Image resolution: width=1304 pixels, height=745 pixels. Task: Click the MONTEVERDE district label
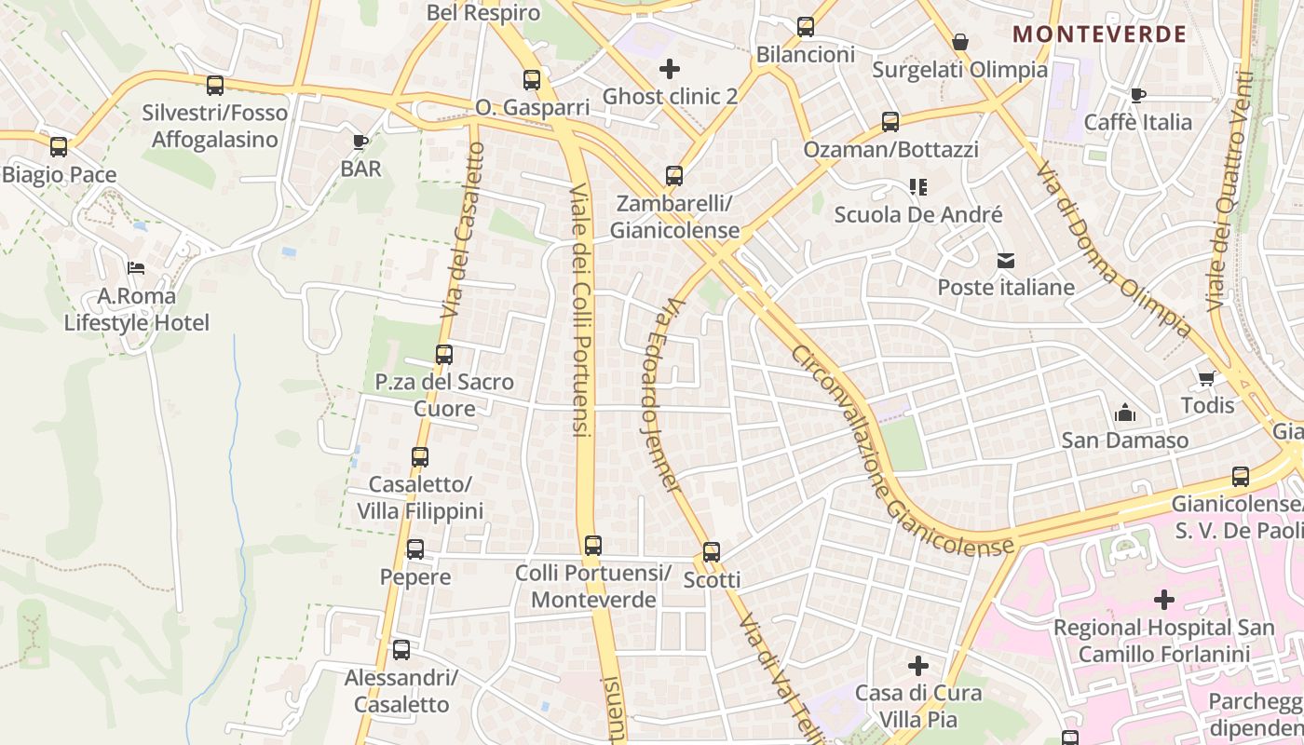[1099, 34]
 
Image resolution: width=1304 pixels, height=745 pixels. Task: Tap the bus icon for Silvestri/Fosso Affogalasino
[215, 86]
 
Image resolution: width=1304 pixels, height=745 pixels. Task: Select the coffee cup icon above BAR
[360, 142]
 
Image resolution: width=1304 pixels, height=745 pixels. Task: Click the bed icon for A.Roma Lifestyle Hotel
[136, 268]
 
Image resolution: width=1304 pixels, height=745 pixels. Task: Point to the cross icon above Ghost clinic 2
[669, 68]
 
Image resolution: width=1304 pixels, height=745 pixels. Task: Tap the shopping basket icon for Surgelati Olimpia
[960, 42]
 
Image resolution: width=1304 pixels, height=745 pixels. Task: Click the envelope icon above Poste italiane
[1006, 261]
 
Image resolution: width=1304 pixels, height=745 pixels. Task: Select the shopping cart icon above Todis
[1207, 378]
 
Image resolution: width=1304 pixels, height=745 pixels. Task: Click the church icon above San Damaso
[1125, 413]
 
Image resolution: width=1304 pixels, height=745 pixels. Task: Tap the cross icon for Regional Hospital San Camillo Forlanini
[1163, 600]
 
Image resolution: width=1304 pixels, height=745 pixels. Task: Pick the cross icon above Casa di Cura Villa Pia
[918, 666]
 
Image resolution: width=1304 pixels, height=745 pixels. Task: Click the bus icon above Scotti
[712, 552]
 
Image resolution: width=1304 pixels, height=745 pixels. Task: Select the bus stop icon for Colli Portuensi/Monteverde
[593, 546]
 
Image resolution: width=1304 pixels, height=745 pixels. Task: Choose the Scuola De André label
[918, 215]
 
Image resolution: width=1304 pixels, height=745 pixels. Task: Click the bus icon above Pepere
[415, 549]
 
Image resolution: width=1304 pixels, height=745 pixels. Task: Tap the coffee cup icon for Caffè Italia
[1137, 95]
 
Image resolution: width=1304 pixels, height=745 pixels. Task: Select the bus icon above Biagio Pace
[59, 147]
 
